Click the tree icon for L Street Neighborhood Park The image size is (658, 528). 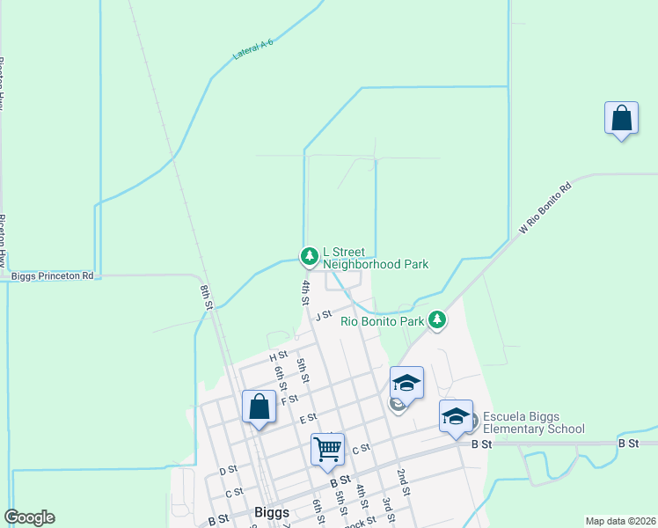tap(309, 256)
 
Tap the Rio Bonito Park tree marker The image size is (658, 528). tap(437, 321)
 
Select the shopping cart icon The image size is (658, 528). tap(327, 450)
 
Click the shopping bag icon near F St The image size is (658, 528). tap(259, 407)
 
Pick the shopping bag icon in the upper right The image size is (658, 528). tap(621, 119)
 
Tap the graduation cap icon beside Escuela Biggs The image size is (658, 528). tap(456, 417)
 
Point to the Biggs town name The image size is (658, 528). tap(271, 512)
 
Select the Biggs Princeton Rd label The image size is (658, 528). tap(52, 275)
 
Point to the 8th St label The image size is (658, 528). tap(207, 297)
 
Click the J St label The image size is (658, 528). tap(323, 314)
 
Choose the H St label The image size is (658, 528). tap(279, 356)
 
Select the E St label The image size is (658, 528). tap(307, 418)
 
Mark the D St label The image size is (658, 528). tap(227, 470)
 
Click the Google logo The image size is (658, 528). tap(29, 517)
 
